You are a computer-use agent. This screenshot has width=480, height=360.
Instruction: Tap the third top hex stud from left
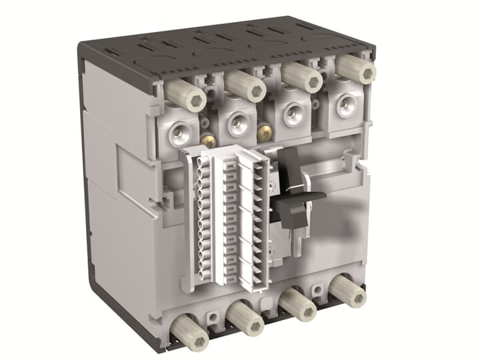pyautogui.click(x=303, y=77)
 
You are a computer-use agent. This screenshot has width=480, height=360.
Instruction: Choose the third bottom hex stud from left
pyautogui.click(x=299, y=305)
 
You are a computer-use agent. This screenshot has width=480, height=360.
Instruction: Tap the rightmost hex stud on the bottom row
pyautogui.click(x=349, y=291)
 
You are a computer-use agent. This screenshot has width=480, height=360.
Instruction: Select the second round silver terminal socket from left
pyautogui.click(x=235, y=123)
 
